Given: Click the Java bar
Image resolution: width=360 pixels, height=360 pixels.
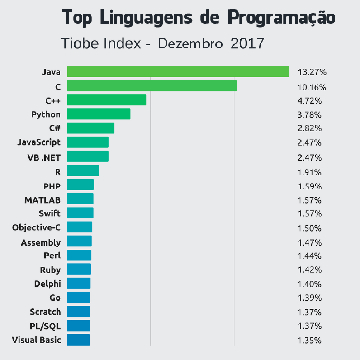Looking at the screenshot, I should tap(178, 71).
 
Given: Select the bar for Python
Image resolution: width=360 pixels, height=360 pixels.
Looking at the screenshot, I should tap(99, 114).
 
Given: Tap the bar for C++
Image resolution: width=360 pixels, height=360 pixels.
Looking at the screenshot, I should tap(106, 100).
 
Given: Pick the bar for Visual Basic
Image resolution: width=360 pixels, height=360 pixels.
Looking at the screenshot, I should tap(78, 340).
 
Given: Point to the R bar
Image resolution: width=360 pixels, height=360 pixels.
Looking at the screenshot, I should tap(83, 171).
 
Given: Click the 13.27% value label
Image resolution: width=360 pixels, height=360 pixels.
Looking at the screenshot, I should tap(312, 72).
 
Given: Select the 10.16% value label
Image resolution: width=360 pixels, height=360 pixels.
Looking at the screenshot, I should tap(312, 87).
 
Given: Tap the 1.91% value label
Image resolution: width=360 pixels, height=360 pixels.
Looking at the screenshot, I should tap(309, 172).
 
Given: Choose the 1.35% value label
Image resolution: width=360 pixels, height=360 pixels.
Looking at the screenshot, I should tap(309, 341).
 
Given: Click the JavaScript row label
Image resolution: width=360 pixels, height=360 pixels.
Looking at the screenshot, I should tap(38, 142).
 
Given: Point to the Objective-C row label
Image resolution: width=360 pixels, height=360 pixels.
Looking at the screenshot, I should tap(36, 227).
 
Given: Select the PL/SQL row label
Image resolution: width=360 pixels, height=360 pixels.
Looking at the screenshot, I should tap(45, 326).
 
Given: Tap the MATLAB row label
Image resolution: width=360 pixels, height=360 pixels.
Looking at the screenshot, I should tap(43, 200).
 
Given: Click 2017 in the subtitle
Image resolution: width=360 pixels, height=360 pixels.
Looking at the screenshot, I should tap(247, 43).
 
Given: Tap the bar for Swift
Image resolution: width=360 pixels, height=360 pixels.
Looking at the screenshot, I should tap(80, 213).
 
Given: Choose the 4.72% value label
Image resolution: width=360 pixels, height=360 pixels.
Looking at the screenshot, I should tap(309, 100).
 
